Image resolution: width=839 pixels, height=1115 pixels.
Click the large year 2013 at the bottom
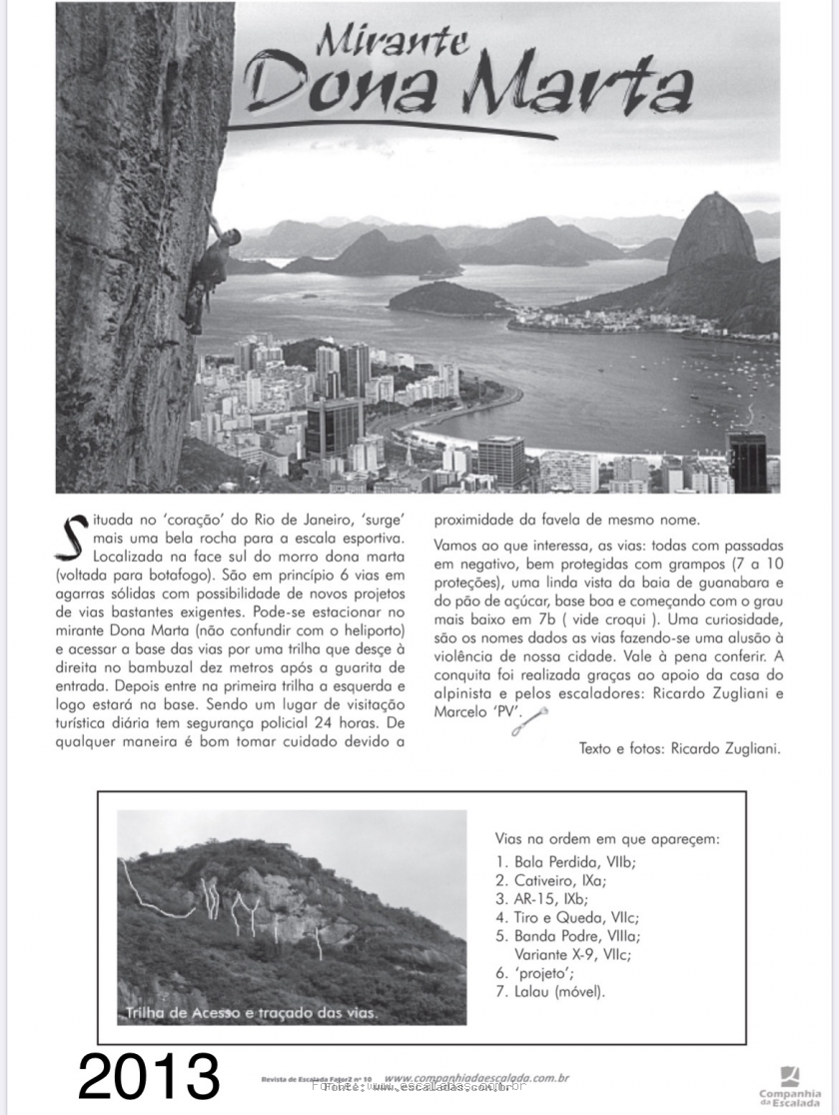149,1076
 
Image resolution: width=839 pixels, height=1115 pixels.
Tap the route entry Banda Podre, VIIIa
568,936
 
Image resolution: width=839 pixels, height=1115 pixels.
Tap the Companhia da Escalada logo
789,1084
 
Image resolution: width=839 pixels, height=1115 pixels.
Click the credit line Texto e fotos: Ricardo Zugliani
680,747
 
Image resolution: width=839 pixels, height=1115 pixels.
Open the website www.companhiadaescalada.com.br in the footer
476,1078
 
